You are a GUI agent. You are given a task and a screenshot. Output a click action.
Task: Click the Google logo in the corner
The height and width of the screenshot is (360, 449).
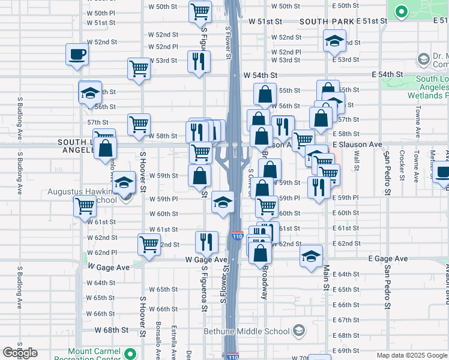[x=20, y=353]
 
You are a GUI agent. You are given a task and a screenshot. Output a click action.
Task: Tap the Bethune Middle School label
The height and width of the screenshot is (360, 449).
[x=247, y=331]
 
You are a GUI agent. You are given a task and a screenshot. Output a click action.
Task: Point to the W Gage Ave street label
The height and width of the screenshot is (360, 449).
[x=109, y=266]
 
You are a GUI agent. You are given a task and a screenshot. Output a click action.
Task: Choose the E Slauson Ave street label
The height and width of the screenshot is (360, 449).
[x=358, y=145]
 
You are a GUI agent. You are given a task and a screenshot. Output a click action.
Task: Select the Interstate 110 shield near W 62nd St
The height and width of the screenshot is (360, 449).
[x=237, y=238]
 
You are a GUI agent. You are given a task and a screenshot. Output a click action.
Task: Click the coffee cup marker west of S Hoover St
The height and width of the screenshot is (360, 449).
[x=77, y=55]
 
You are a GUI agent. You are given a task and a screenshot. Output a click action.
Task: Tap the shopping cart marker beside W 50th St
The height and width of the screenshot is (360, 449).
[x=200, y=11]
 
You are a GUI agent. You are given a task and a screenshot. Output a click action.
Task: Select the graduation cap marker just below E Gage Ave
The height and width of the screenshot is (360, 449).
[x=312, y=257]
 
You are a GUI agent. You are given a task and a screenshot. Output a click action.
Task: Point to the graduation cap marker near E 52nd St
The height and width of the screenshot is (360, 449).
[x=334, y=41]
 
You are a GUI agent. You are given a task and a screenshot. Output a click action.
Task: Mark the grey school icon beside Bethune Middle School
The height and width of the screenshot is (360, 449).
[x=298, y=331]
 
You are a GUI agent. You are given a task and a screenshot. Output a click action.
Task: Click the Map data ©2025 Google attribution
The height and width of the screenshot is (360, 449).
[x=411, y=355]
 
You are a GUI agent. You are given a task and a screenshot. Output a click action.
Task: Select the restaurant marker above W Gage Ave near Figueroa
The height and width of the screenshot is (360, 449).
[x=206, y=241]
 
